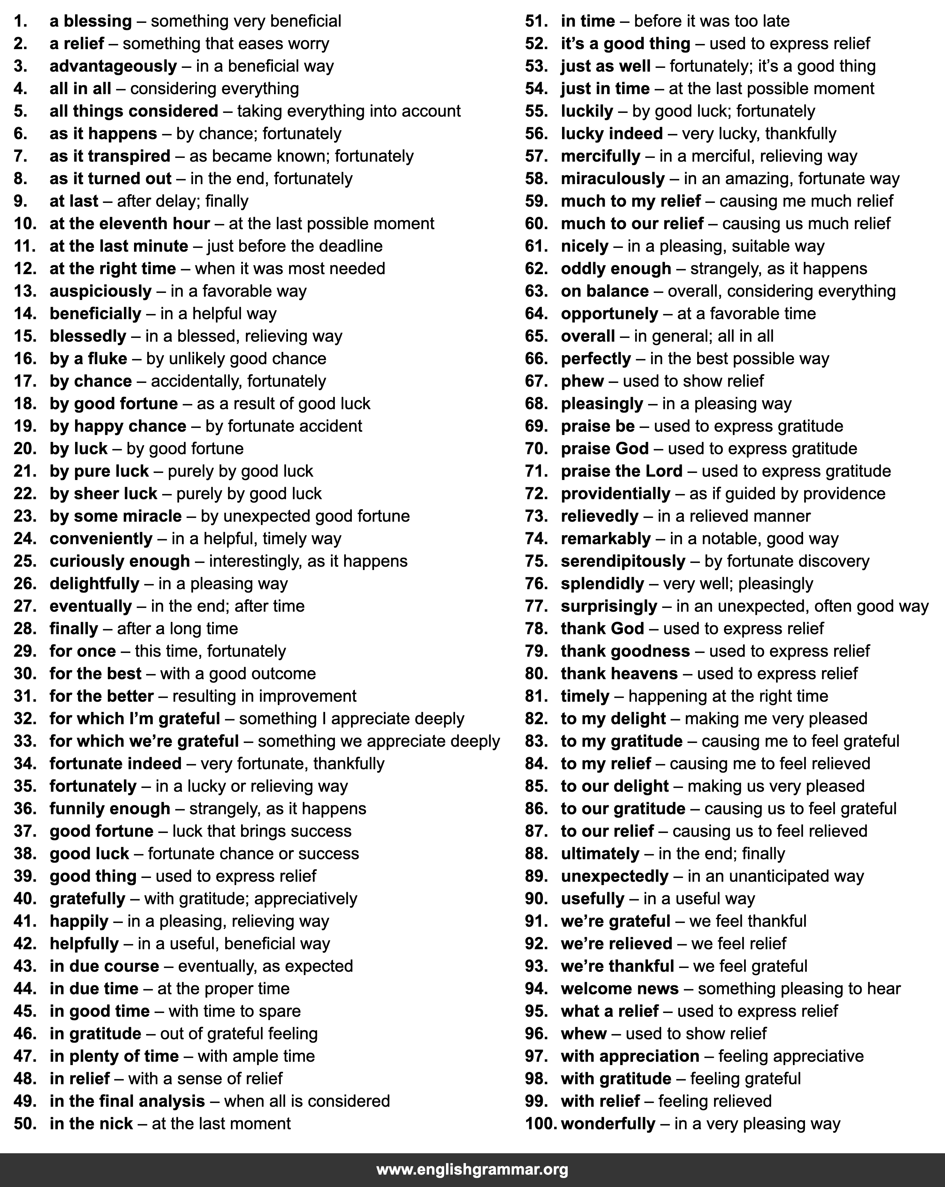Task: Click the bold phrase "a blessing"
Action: click(90, 21)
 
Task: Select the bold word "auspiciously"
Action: click(100, 291)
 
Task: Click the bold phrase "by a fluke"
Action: click(88, 359)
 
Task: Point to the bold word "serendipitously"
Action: click(622, 561)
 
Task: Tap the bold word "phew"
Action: click(582, 381)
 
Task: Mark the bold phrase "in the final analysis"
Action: click(127, 1101)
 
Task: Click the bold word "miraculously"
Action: click(612, 179)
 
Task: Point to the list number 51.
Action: click(536, 21)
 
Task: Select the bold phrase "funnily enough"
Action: click(110, 809)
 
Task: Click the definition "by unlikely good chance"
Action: click(236, 359)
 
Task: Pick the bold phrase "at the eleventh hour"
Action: click(130, 224)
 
